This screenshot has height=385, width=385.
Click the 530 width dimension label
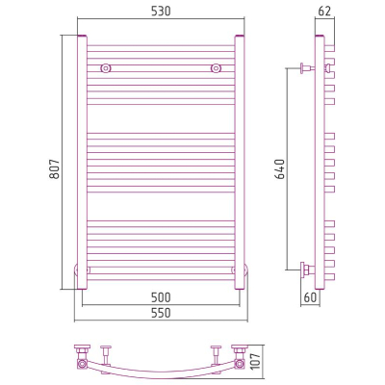coord(161,12)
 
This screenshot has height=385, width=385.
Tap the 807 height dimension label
coord(56,168)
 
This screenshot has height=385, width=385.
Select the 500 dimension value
coord(161,297)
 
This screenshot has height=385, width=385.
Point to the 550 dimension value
coord(161,313)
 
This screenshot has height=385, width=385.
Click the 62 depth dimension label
coord(324,12)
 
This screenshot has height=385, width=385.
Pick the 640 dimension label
coord(280,168)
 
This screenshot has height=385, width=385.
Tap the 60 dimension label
coord(310,297)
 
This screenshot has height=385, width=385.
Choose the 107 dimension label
coord(256,361)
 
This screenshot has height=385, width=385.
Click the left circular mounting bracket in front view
coord(106,68)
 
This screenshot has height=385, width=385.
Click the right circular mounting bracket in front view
coord(217,68)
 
